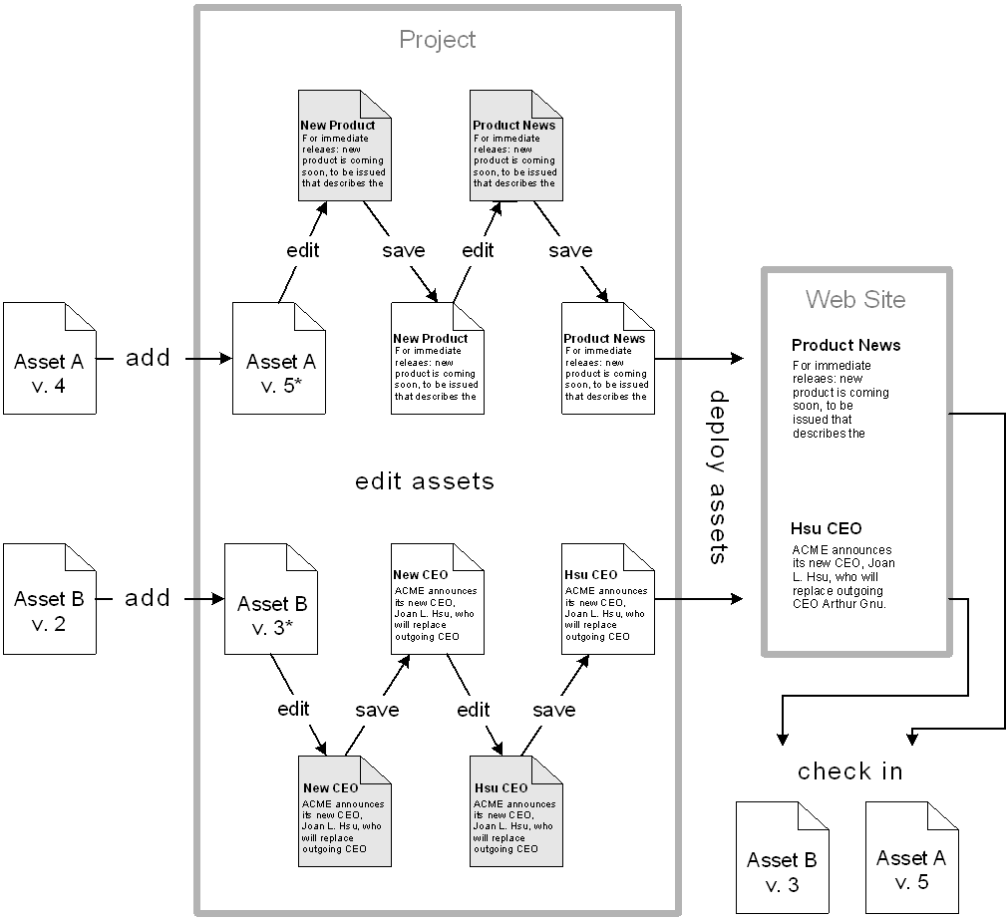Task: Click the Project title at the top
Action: [437, 40]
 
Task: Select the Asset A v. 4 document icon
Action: [49, 358]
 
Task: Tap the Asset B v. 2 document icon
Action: [49, 598]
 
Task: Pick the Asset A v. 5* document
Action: [279, 359]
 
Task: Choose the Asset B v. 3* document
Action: [271, 599]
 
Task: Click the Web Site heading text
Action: [855, 299]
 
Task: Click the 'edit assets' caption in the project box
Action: [425, 481]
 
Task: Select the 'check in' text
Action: [849, 771]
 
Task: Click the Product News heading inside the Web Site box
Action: [845, 345]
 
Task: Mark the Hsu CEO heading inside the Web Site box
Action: [826, 528]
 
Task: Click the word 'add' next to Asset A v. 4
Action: [148, 358]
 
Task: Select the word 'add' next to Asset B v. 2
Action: [148, 598]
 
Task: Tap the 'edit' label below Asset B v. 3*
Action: [293, 709]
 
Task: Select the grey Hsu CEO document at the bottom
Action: [514, 807]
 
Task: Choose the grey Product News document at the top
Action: [514, 146]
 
